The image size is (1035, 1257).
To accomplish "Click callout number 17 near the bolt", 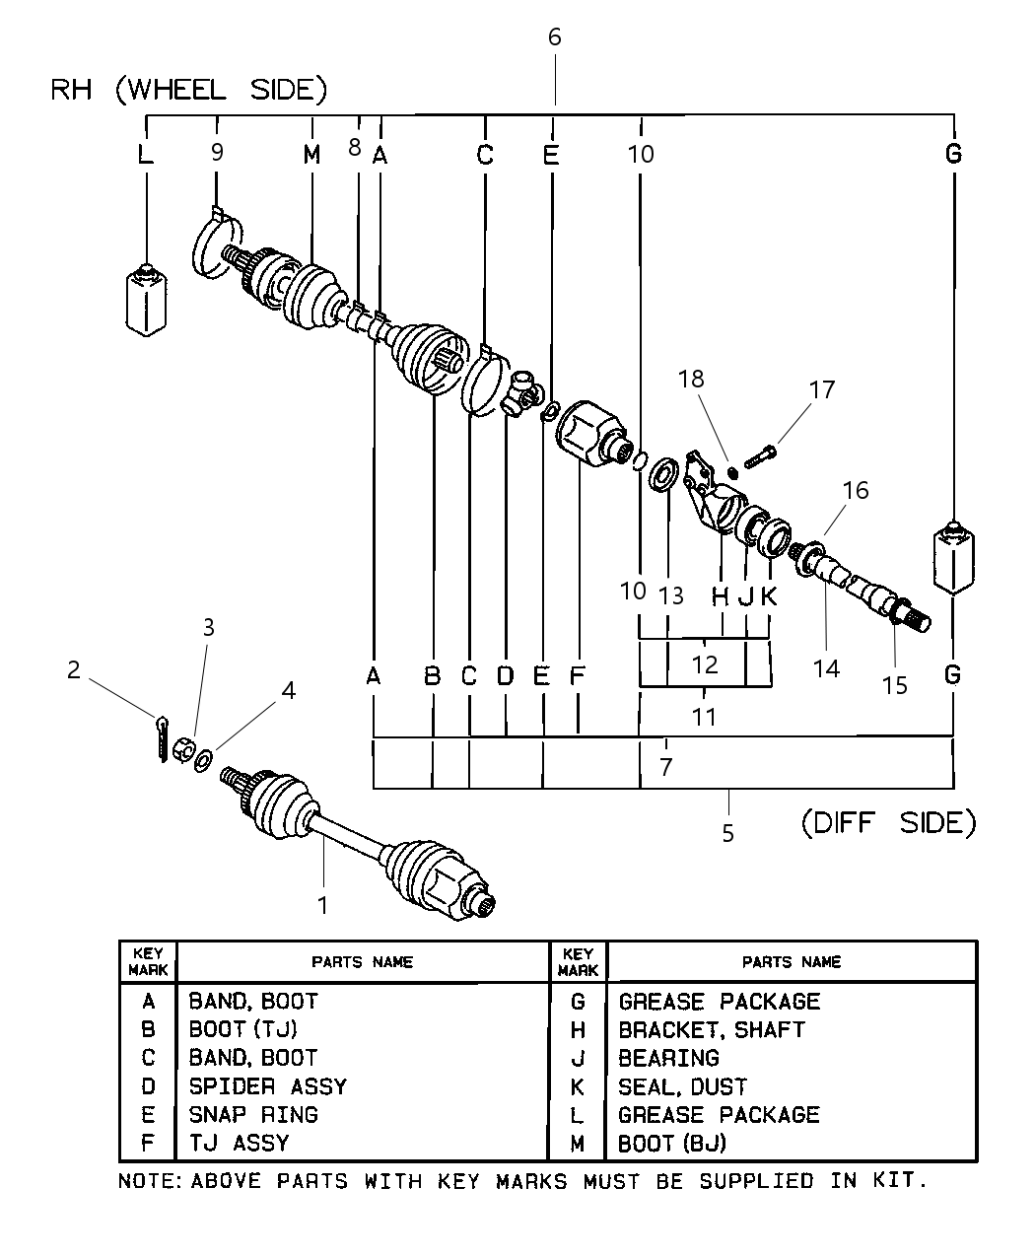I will (821, 389).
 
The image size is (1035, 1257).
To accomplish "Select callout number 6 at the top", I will (554, 37).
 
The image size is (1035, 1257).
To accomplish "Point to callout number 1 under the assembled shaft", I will (322, 903).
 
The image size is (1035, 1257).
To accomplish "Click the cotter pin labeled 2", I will (161, 737).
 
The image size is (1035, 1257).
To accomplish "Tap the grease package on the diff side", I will (953, 559).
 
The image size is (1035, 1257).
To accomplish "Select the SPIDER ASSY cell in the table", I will (267, 1086).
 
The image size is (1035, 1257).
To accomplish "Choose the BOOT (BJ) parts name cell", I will (671, 1144).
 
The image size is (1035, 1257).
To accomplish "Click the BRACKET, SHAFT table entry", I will (711, 1030).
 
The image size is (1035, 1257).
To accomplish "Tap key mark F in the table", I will (148, 1144).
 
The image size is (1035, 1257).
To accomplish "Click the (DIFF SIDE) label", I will (887, 822).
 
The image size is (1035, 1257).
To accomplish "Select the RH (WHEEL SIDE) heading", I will (188, 91).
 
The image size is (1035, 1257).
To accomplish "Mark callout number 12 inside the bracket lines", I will (705, 663).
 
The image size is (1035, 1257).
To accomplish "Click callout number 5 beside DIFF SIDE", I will (727, 834).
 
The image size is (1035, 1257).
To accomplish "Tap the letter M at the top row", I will (311, 155).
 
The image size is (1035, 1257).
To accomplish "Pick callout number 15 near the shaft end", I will (894, 684).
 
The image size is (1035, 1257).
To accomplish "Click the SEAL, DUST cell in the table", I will (682, 1087).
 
